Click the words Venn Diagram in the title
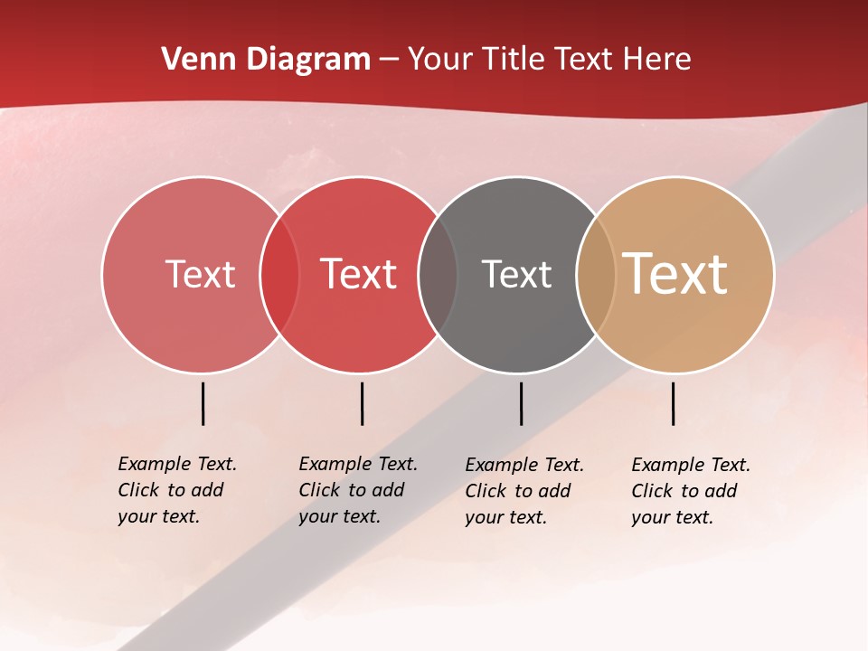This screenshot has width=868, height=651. click(x=266, y=60)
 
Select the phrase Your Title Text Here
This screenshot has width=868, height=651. click(x=549, y=60)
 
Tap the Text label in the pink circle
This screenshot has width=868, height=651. click(x=200, y=274)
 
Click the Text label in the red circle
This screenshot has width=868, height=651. click(x=359, y=274)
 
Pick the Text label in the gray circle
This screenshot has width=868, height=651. click(x=516, y=274)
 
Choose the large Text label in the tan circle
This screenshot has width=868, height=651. click(x=675, y=274)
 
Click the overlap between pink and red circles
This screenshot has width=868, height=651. click(x=279, y=274)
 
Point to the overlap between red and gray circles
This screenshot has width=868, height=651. click(x=438, y=274)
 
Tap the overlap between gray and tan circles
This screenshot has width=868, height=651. click(x=596, y=274)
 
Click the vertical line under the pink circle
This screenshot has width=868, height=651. click(x=203, y=403)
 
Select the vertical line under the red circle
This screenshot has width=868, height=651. click(x=362, y=403)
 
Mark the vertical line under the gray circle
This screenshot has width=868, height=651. click(x=521, y=403)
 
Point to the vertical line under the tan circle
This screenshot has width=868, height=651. click(x=673, y=403)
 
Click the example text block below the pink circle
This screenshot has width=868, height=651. click(x=176, y=490)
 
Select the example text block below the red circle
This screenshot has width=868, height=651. click(x=357, y=490)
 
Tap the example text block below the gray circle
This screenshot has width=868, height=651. click(x=524, y=491)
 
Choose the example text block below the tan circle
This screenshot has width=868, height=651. click(x=690, y=491)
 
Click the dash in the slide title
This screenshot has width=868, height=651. click(x=389, y=61)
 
